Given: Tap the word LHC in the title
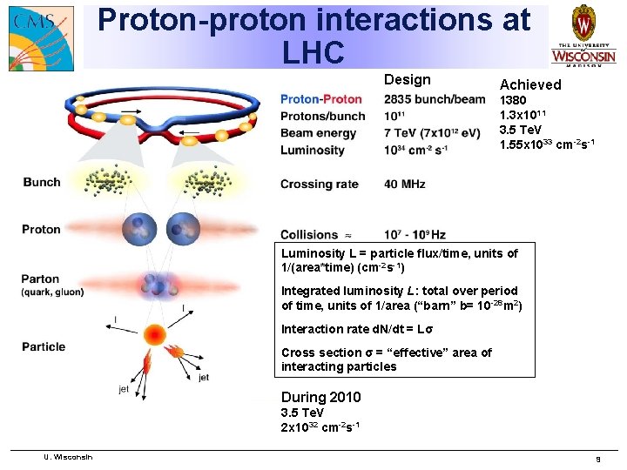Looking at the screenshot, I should [x=313, y=53].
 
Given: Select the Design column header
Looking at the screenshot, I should [x=407, y=80].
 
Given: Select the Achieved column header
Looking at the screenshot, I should [x=529, y=84].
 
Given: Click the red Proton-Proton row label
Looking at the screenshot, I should [x=320, y=99].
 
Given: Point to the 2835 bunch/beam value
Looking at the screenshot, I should [x=434, y=99].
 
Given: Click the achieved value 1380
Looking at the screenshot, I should [x=513, y=100].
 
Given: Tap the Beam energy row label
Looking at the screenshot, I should [x=318, y=133].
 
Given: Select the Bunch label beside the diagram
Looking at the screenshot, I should [x=41, y=182].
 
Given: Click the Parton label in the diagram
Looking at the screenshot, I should [x=41, y=279].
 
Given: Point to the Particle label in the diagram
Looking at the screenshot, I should [x=44, y=346].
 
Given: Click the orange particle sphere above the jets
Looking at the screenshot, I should [x=156, y=335].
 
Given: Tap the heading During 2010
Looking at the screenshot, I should [x=320, y=398].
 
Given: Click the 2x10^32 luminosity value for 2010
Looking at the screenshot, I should [x=321, y=426].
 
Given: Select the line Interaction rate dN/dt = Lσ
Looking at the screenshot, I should [x=357, y=329].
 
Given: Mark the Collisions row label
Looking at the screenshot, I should [x=308, y=234].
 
